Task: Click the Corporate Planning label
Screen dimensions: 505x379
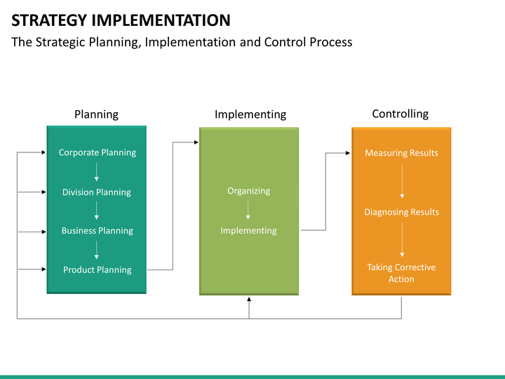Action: click(x=97, y=152)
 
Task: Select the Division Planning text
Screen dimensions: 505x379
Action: click(x=97, y=192)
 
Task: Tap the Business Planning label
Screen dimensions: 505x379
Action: click(x=97, y=231)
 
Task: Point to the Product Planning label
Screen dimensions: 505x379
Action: click(x=97, y=270)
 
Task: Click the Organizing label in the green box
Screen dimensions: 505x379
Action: click(x=248, y=191)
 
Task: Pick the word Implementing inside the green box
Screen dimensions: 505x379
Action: click(x=248, y=230)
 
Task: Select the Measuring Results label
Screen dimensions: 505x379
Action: click(x=402, y=153)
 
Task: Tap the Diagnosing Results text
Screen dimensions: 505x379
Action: click(x=402, y=212)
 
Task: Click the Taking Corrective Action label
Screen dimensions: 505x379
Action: click(x=401, y=273)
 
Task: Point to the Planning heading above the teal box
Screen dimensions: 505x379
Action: click(x=96, y=114)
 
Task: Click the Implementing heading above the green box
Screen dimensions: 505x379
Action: click(x=250, y=114)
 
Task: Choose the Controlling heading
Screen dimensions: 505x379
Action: click(x=400, y=114)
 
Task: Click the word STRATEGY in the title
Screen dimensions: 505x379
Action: click(x=49, y=20)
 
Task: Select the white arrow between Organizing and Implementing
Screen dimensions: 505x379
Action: click(x=248, y=211)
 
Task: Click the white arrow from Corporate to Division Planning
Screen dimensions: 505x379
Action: click(x=96, y=172)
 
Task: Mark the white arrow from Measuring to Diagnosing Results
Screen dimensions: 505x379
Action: click(x=402, y=181)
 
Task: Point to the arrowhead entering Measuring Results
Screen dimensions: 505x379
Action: click(x=348, y=153)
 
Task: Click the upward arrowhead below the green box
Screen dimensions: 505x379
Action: click(x=249, y=300)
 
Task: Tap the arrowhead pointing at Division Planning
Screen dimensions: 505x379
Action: click(x=43, y=192)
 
